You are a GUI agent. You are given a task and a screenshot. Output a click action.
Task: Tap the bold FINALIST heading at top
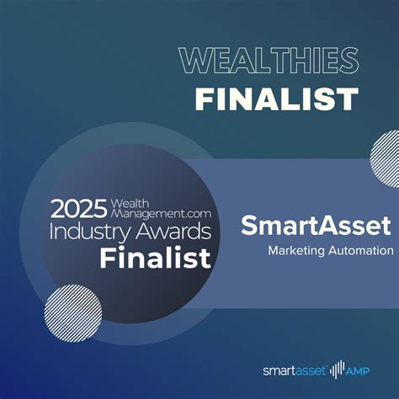pyautogui.click(x=276, y=98)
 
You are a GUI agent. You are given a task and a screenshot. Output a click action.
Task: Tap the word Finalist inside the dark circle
pyautogui.click(x=155, y=257)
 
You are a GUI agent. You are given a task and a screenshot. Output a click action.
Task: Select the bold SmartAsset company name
pyautogui.click(x=316, y=225)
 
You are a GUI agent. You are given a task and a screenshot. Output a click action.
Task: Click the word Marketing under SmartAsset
pyautogui.click(x=295, y=250)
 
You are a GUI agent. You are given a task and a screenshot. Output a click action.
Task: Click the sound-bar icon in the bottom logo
pyautogui.click(x=339, y=369)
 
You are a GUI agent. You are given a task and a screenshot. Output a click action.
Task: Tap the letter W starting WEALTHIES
pyautogui.click(x=194, y=61)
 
